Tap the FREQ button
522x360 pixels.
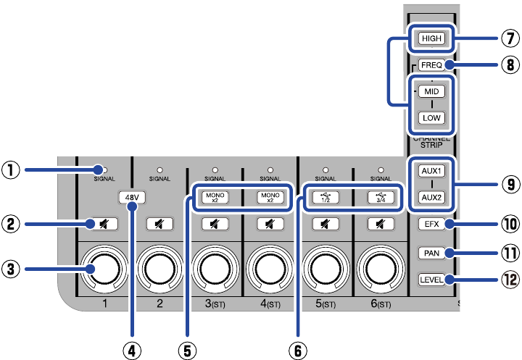pos(431,65)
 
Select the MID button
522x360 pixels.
pos(431,93)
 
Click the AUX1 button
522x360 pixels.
pos(431,171)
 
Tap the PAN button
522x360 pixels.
pos(431,253)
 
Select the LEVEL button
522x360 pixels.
pos(431,280)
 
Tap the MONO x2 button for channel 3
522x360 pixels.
pos(215,196)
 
